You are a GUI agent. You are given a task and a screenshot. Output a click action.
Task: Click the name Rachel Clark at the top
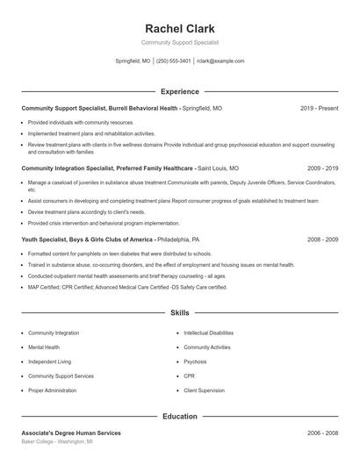coord(179,28)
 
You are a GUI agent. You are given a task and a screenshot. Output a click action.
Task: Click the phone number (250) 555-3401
coord(173,61)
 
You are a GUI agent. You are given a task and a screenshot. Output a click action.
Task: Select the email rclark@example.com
coord(220,61)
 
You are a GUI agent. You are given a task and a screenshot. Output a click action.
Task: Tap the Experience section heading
coord(179,91)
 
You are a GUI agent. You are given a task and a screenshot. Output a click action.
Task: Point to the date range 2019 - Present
coord(319,108)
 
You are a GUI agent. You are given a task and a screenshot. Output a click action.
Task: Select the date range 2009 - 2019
coord(322,168)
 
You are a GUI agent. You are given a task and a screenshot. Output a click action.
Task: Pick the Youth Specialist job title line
coord(110,239)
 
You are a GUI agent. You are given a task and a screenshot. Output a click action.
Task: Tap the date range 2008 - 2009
coord(322,239)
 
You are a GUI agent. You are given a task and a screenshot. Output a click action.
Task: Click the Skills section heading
coord(179,312)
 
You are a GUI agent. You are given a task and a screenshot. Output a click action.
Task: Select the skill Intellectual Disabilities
coord(209,333)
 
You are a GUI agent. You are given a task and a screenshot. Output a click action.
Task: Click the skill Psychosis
coord(196,361)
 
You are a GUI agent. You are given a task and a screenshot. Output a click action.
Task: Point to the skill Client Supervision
coord(205,390)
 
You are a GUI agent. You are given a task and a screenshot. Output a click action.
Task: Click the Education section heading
coord(179,417)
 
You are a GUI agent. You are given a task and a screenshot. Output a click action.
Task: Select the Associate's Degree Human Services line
coord(71,433)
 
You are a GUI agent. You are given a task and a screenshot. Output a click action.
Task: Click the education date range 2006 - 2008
coord(322,433)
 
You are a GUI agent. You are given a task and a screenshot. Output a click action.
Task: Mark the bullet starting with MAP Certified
coord(127,287)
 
